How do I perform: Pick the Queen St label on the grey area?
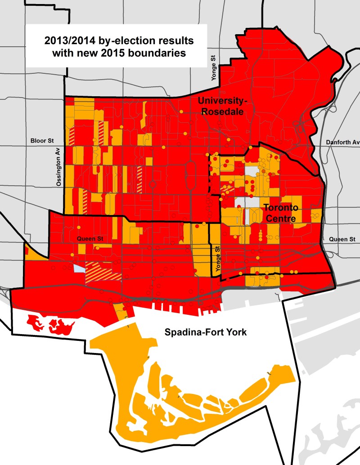click(345, 239)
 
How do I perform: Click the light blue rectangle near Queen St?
click(79, 268)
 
